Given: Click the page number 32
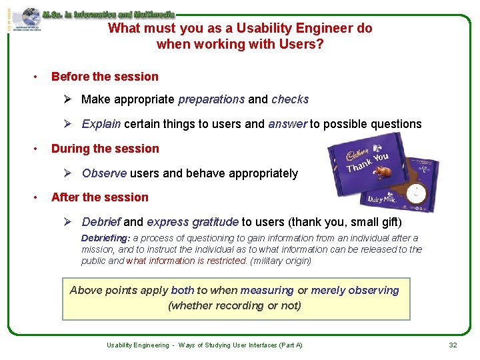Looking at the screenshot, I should click(453, 345).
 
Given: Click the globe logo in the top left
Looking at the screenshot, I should click(29, 18).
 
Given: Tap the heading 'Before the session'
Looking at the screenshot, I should click(105, 77).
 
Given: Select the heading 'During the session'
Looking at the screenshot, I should click(105, 149).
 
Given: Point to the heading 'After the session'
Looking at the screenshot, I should click(100, 197).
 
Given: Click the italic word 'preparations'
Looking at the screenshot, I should click(211, 99).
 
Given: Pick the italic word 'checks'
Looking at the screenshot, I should click(290, 99).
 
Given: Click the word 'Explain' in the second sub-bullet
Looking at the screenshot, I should click(101, 124).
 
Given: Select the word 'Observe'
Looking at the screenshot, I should click(104, 173).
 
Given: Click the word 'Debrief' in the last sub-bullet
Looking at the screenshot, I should click(101, 222).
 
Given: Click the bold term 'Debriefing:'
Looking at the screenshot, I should click(106, 238).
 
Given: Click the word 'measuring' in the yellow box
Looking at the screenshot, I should click(267, 291).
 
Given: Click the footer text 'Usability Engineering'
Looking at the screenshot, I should click(138, 345).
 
